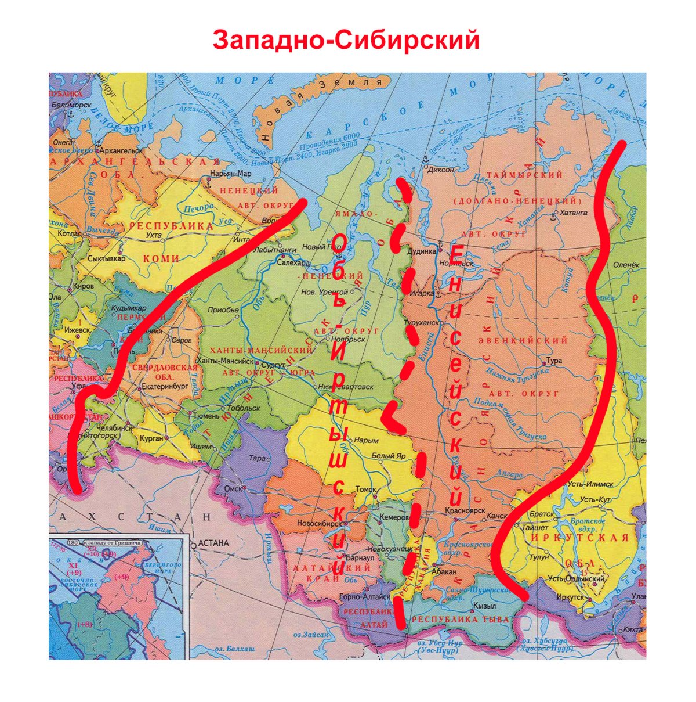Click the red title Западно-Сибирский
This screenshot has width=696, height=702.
click(346, 40)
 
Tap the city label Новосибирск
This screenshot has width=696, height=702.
click(318, 523)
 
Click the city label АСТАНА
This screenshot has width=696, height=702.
click(213, 543)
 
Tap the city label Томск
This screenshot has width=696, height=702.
click(365, 489)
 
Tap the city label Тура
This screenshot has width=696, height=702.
click(554, 361)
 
